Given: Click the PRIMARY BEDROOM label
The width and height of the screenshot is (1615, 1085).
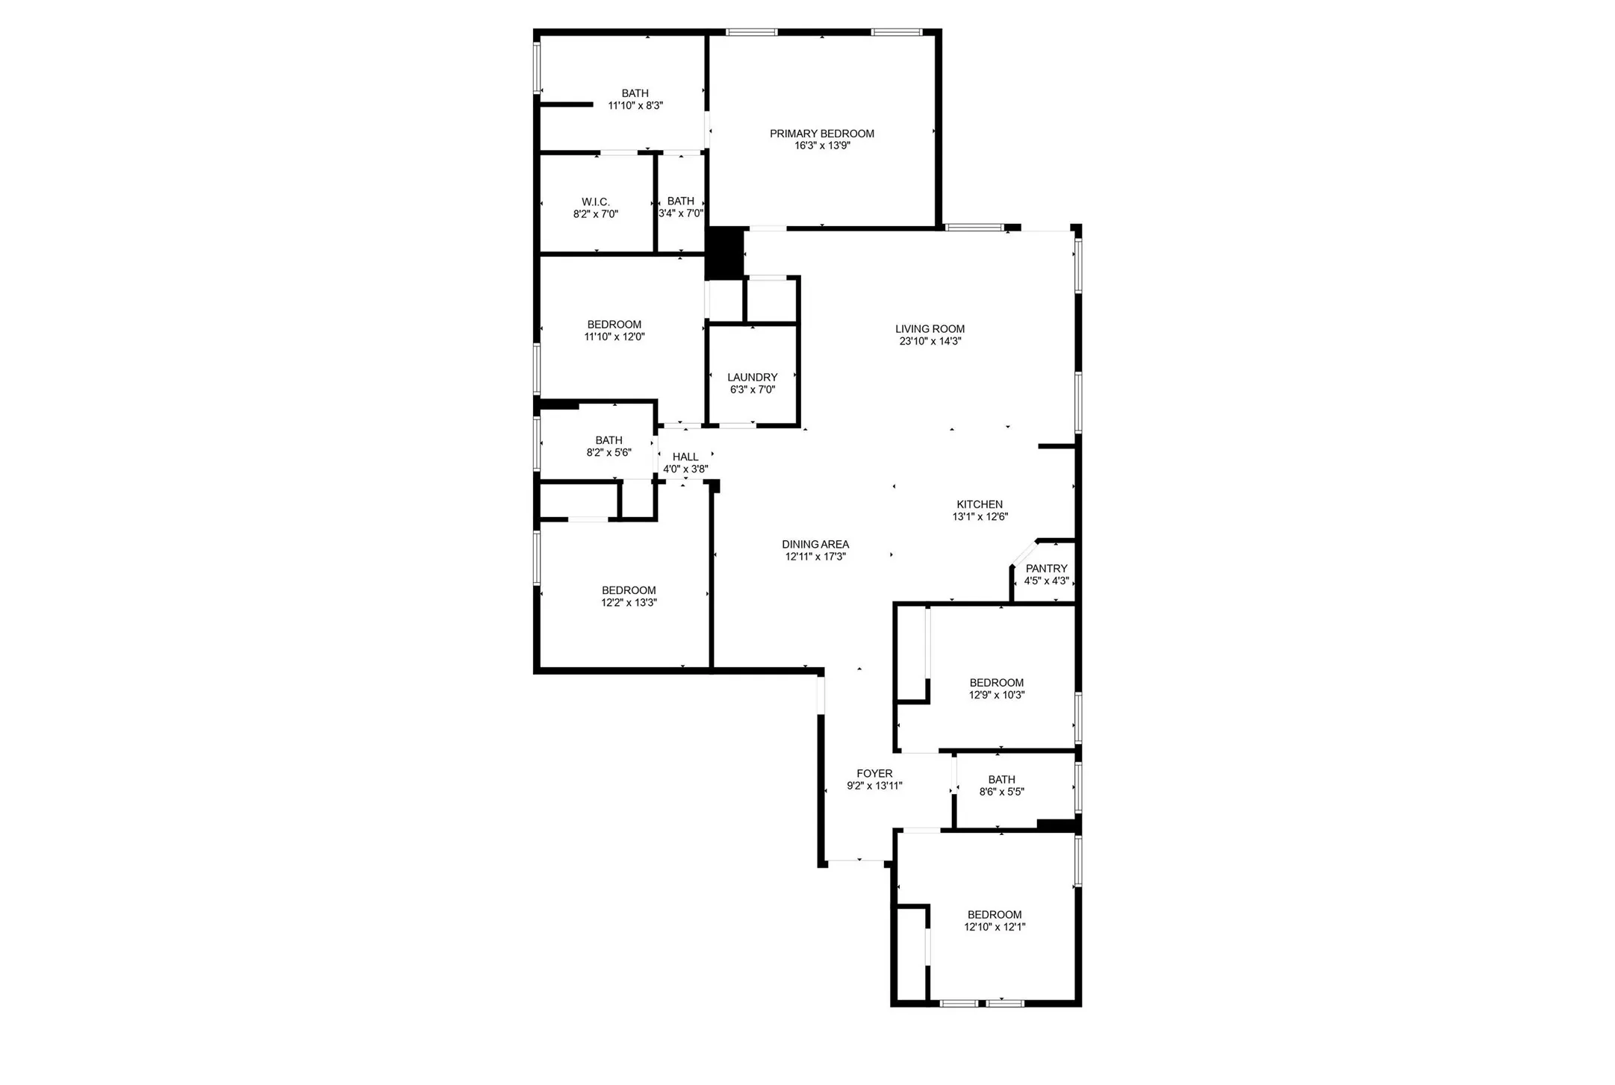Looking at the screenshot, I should coord(821,134).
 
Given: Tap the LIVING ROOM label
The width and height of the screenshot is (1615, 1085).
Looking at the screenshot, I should coord(930,328).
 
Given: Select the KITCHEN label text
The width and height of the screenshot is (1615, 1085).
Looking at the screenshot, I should coord(980,504).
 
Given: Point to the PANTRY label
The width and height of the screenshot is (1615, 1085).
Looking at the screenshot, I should coord(1046,569).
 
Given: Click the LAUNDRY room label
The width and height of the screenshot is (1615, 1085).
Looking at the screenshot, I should coord(752,378).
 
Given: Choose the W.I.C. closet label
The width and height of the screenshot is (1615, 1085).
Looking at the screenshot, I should coord(595,202).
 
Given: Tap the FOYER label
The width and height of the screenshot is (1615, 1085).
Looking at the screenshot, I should coord(874,774).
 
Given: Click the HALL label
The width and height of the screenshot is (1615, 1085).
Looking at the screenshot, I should coord(685,457).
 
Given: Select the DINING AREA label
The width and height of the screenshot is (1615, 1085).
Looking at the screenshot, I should coord(815,545).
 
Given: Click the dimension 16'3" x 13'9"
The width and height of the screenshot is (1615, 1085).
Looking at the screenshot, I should coord(821,146).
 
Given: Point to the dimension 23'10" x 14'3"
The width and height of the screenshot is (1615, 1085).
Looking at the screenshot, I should coord(930,342).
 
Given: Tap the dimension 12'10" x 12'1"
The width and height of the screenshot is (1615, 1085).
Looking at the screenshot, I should coord(995,928).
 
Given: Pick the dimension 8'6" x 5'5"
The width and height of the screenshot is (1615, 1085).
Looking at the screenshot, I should coord(1001,792).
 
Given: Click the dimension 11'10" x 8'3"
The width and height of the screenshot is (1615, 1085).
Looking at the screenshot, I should coord(635,106).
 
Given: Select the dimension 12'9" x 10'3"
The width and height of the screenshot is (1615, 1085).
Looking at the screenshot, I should coord(996,695).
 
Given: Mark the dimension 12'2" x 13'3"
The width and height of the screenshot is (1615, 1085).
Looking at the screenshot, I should coord(629,603).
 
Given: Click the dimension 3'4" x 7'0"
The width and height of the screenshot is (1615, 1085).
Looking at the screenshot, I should coord(680,214).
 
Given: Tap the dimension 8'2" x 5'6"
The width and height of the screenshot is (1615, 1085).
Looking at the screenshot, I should coord(609,453).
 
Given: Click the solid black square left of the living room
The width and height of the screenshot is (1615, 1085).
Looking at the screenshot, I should coord(724,253).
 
